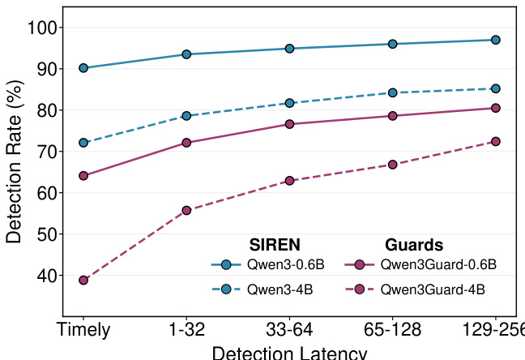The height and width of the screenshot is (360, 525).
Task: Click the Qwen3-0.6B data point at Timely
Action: [83, 68]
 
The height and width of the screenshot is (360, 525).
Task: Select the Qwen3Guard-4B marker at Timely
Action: [83, 281]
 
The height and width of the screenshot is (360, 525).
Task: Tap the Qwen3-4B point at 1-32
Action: [186, 116]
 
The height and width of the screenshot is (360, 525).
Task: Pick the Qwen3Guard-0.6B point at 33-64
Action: [289, 124]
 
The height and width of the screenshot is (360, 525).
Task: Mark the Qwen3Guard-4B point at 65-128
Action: [392, 165]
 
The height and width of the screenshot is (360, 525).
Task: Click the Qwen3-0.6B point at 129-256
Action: [495, 40]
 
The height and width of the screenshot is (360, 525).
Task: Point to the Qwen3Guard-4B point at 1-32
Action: [186, 210]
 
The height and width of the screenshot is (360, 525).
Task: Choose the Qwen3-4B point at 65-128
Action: [392, 92]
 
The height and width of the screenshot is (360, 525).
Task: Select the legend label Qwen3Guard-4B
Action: [433, 289]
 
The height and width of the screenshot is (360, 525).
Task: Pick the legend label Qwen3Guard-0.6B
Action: [438, 264]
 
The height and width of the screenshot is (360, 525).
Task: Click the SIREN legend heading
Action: [275, 244]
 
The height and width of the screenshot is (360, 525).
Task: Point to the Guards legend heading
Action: [414, 244]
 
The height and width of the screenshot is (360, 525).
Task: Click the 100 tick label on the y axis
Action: [41, 28]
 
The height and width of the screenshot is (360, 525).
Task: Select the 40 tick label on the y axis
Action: [46, 276]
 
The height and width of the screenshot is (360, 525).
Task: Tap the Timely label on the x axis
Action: [83, 331]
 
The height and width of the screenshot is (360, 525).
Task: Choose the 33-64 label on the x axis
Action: [289, 331]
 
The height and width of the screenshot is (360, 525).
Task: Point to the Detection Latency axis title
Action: [289, 353]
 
